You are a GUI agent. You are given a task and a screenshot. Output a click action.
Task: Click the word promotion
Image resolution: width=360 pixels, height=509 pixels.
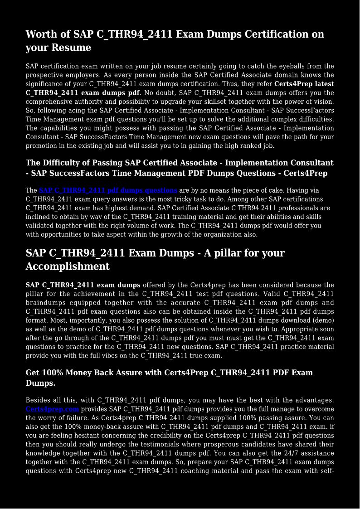(44, 146)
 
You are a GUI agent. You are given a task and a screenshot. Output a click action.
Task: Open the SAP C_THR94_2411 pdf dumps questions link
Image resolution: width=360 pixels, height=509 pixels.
(108, 190)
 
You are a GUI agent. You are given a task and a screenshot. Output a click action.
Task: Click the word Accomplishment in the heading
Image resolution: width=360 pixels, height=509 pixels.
(68, 267)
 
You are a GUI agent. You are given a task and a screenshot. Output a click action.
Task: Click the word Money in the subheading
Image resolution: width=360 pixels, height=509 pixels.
(80, 373)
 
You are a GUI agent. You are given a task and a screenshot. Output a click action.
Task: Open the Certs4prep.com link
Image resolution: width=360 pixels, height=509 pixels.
(52, 409)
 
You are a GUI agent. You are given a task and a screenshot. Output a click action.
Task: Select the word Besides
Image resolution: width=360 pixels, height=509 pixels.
(39, 400)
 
